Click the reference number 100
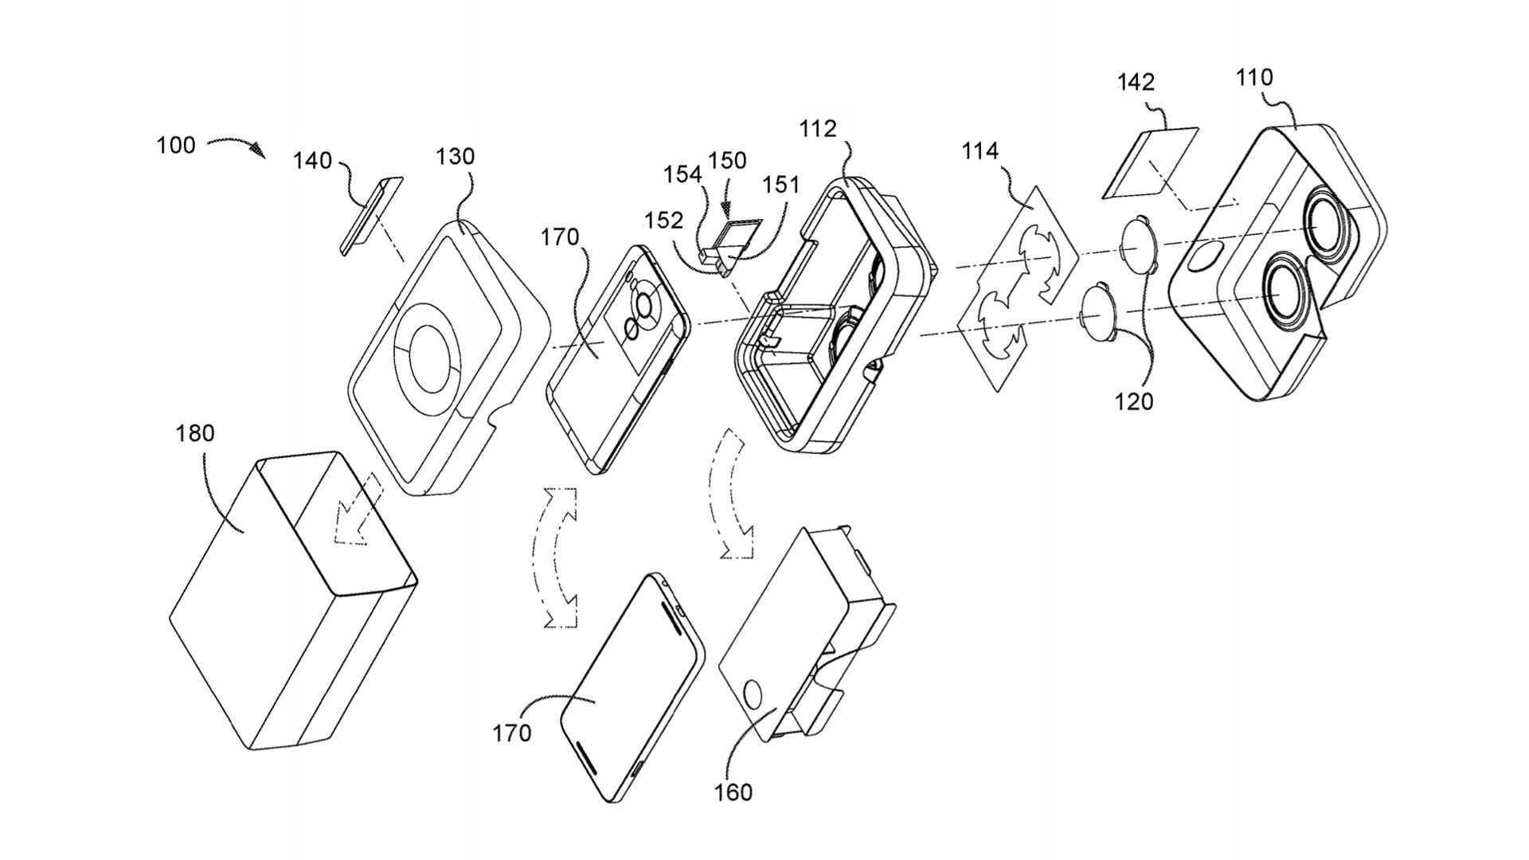[176, 146]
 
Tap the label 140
[312, 161]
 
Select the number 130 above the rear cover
[456, 156]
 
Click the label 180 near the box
[195, 433]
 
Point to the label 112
[819, 128]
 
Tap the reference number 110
[1254, 77]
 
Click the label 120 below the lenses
[1134, 401]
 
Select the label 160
[733, 792]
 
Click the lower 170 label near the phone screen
[511, 733]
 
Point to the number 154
[683, 174]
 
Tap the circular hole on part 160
[752, 695]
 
